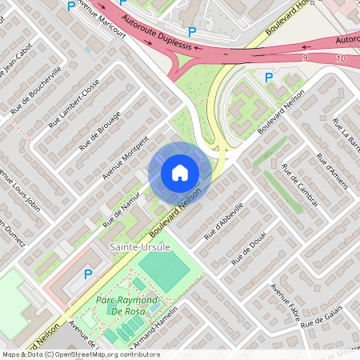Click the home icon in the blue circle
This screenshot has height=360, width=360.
tap(180, 172)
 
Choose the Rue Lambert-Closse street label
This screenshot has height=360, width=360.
tap(74, 103)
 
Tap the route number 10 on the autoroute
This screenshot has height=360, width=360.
tap(342, 60)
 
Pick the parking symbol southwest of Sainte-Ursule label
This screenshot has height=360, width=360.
tap(88, 274)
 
